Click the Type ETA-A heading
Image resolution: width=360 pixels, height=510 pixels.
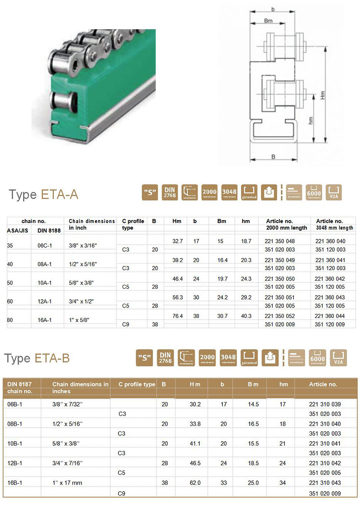(x=44, y=194)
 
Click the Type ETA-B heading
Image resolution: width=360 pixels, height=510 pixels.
(x=37, y=358)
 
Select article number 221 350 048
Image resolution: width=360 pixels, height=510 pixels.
(x=280, y=242)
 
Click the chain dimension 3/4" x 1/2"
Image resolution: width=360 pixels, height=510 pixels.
(x=81, y=301)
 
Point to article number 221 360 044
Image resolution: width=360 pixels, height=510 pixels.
(x=330, y=316)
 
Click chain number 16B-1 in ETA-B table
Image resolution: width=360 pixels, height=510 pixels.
(x=15, y=483)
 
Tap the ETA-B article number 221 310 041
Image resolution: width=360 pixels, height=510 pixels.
(x=326, y=443)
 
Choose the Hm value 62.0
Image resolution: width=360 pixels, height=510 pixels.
(x=195, y=483)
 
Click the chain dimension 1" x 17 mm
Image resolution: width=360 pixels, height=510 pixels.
(x=67, y=483)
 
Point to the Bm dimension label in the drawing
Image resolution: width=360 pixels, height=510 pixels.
(x=268, y=21)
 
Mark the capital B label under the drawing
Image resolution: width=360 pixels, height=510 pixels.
(x=273, y=157)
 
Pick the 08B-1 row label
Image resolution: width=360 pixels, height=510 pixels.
(x=15, y=424)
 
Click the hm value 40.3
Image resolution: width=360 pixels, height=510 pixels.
(x=246, y=316)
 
